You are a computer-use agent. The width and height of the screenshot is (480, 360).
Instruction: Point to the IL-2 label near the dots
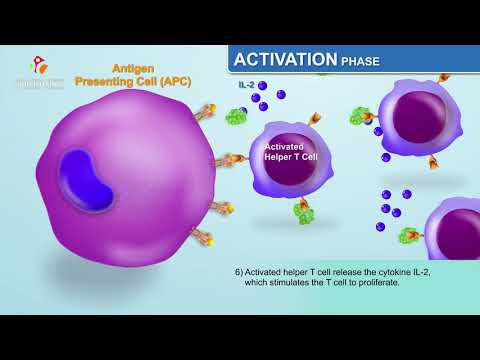[x=246, y=86]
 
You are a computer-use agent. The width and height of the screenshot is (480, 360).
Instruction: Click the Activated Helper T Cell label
[x=289, y=151]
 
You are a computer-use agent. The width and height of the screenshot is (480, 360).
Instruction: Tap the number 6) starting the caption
[x=239, y=272]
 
